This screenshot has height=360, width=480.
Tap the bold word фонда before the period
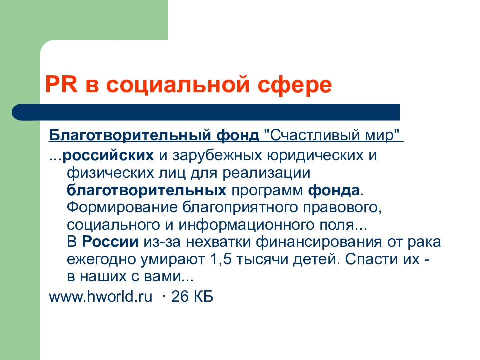(x=333, y=190)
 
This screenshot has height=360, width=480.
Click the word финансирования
(x=318, y=243)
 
